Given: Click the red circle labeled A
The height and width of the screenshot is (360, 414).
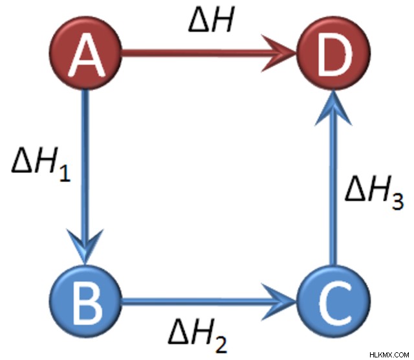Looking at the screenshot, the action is pyautogui.click(x=85, y=52).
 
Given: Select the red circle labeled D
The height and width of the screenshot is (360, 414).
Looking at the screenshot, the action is pyautogui.click(x=334, y=52).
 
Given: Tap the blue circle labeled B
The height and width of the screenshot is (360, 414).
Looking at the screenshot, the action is pyautogui.click(x=85, y=302).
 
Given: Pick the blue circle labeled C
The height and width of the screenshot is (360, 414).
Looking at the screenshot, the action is pyautogui.click(x=334, y=302).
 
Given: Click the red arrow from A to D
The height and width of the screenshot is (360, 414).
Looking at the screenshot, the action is pyautogui.click(x=208, y=53).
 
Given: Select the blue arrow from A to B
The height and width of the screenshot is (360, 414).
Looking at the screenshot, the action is pyautogui.click(x=85, y=177).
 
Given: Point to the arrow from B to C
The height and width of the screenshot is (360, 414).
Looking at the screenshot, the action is pyautogui.click(x=208, y=302).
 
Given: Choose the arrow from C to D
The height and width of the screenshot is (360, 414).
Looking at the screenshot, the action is pyautogui.click(x=334, y=177).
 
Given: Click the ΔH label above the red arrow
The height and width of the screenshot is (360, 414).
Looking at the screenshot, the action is pyautogui.click(x=212, y=20).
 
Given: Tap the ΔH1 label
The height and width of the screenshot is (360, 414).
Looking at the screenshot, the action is pyautogui.click(x=41, y=164).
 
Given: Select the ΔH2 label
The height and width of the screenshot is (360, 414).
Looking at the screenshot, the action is pyautogui.click(x=197, y=335).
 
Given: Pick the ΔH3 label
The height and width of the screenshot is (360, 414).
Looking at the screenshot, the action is pyautogui.click(x=375, y=193).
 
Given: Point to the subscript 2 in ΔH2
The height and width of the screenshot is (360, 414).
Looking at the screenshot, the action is pyautogui.click(x=221, y=345).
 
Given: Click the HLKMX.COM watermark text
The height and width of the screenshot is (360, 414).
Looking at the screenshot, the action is pyautogui.click(x=389, y=355).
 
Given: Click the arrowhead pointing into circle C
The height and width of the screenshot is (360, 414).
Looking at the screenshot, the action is pyautogui.click(x=280, y=302).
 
